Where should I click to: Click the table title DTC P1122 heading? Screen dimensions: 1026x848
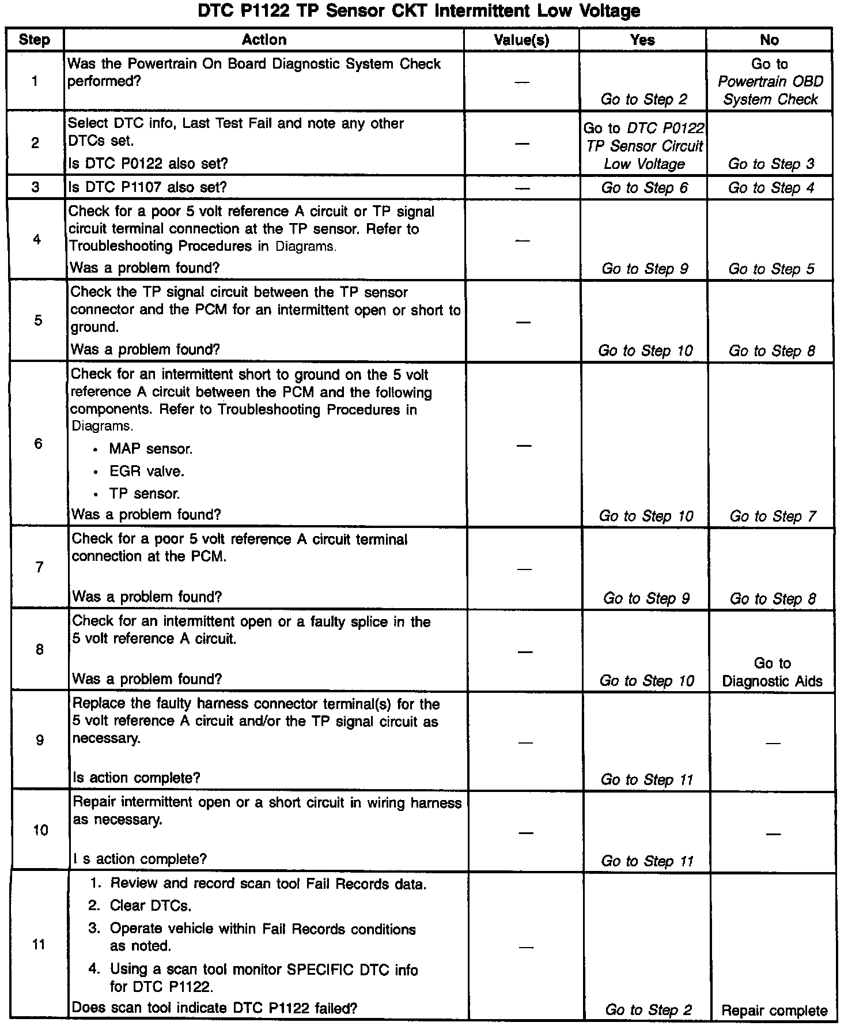[x=419, y=11]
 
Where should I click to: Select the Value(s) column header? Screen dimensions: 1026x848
[x=521, y=40]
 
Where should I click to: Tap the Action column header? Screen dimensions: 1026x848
[x=264, y=40]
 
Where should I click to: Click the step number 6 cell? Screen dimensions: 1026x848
[x=38, y=443]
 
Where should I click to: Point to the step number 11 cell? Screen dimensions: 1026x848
[x=39, y=944]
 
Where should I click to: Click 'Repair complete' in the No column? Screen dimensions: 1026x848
[x=774, y=1010]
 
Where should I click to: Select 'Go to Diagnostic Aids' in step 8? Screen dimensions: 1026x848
[x=772, y=672]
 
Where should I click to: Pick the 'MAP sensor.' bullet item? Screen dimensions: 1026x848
[x=150, y=448]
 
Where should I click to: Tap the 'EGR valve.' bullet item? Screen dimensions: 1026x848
[x=146, y=471]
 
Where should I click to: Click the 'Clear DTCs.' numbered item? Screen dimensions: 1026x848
[x=150, y=906]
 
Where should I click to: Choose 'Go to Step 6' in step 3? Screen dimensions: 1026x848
[x=644, y=188]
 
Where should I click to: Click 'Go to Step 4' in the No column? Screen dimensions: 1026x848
[x=771, y=188]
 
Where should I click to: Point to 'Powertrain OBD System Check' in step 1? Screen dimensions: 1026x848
[x=770, y=90]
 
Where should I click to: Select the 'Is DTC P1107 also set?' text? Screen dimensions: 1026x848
[x=147, y=187]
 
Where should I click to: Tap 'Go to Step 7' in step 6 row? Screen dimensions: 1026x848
[x=773, y=516]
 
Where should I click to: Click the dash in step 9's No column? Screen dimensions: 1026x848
[x=773, y=742]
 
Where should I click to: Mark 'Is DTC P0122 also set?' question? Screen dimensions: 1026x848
[x=149, y=164]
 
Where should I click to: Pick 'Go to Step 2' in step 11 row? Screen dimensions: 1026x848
[x=648, y=1009]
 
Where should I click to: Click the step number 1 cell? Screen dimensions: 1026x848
[x=35, y=81]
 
